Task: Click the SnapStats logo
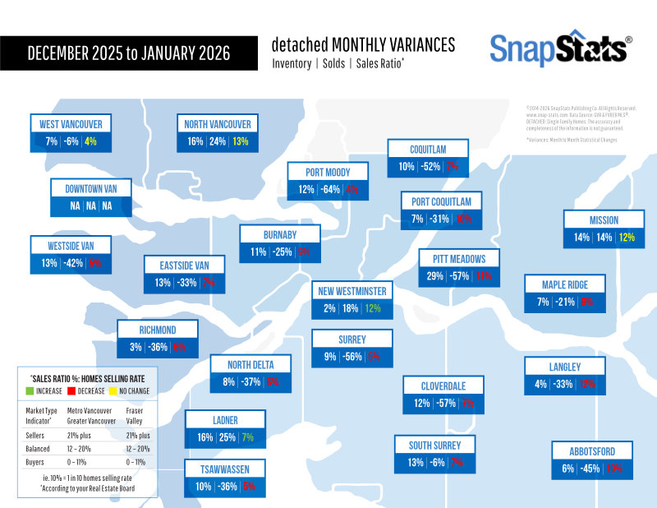point(561,49)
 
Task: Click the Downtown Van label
point(90,188)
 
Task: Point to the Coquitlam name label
point(428,149)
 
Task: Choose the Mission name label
point(604,219)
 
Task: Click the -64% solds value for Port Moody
point(331,190)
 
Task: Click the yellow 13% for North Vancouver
point(240,141)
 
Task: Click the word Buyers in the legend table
point(37,464)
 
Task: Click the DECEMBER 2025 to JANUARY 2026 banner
point(128,53)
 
